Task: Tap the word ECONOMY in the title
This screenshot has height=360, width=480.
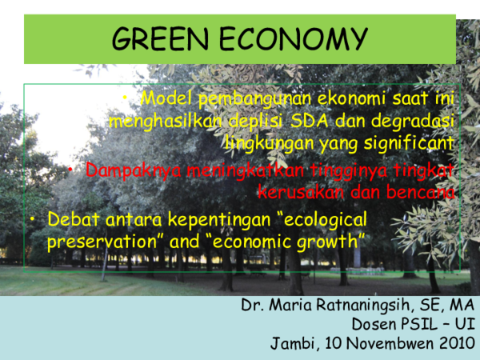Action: click(x=293, y=38)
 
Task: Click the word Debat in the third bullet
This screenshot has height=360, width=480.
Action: click(x=71, y=218)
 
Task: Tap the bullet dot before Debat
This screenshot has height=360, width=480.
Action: click(x=33, y=218)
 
